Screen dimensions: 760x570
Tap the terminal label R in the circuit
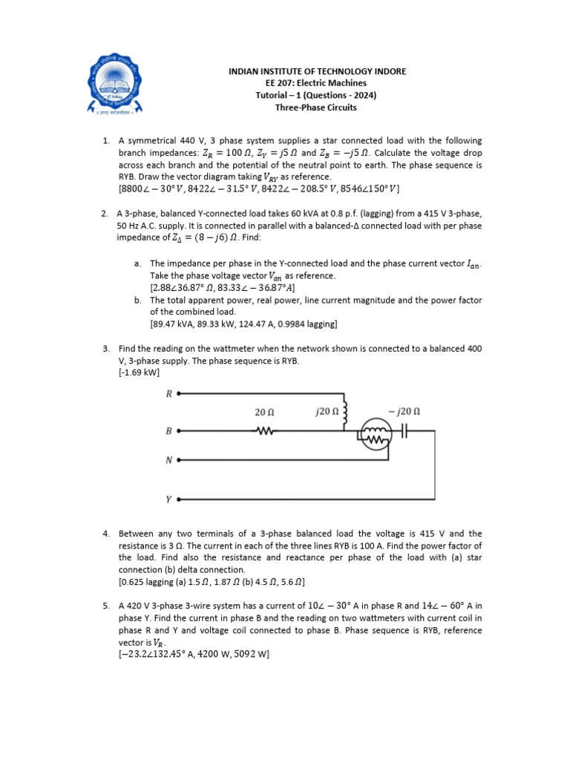pyautogui.click(x=168, y=394)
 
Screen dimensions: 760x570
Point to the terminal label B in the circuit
pyautogui.click(x=168, y=430)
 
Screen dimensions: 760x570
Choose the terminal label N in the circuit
pyautogui.click(x=168, y=460)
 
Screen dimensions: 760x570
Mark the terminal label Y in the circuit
pyautogui.click(x=168, y=499)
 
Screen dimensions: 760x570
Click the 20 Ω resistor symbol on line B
pyautogui.click(x=265, y=430)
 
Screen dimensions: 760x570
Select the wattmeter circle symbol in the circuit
pyautogui.click(x=376, y=433)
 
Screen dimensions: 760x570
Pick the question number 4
pyautogui.click(x=106, y=534)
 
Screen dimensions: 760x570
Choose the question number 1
pyautogui.click(x=106, y=141)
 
